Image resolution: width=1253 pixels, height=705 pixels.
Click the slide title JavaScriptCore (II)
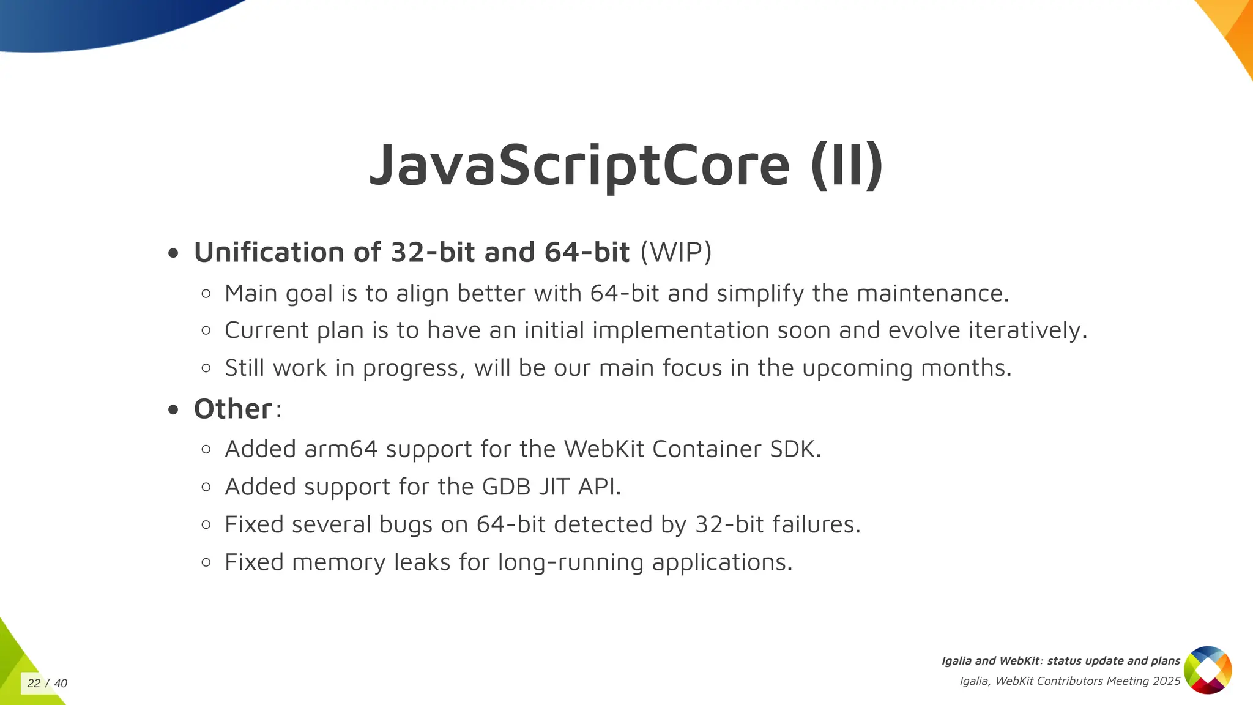(x=626, y=165)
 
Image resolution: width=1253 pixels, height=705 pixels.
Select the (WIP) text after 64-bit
(x=676, y=252)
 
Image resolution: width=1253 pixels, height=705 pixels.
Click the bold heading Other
(x=233, y=409)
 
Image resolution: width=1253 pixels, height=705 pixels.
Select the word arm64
(x=341, y=449)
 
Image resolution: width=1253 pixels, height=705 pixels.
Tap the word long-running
(x=570, y=562)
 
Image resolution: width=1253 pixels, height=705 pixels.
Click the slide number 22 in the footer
(x=34, y=684)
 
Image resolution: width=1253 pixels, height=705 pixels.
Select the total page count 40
(x=61, y=684)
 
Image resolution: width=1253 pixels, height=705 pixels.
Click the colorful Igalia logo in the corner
(x=1208, y=670)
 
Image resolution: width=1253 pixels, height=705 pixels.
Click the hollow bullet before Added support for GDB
(x=206, y=487)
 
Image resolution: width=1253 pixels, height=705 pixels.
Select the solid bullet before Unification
(x=174, y=253)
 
